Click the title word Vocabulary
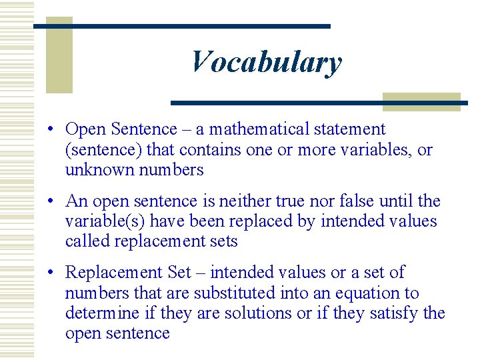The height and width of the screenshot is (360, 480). click(266, 63)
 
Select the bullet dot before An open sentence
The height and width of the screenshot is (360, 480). click(51, 201)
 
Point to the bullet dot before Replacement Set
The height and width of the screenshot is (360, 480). click(51, 273)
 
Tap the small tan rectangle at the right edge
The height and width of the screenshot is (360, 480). click(421, 101)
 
